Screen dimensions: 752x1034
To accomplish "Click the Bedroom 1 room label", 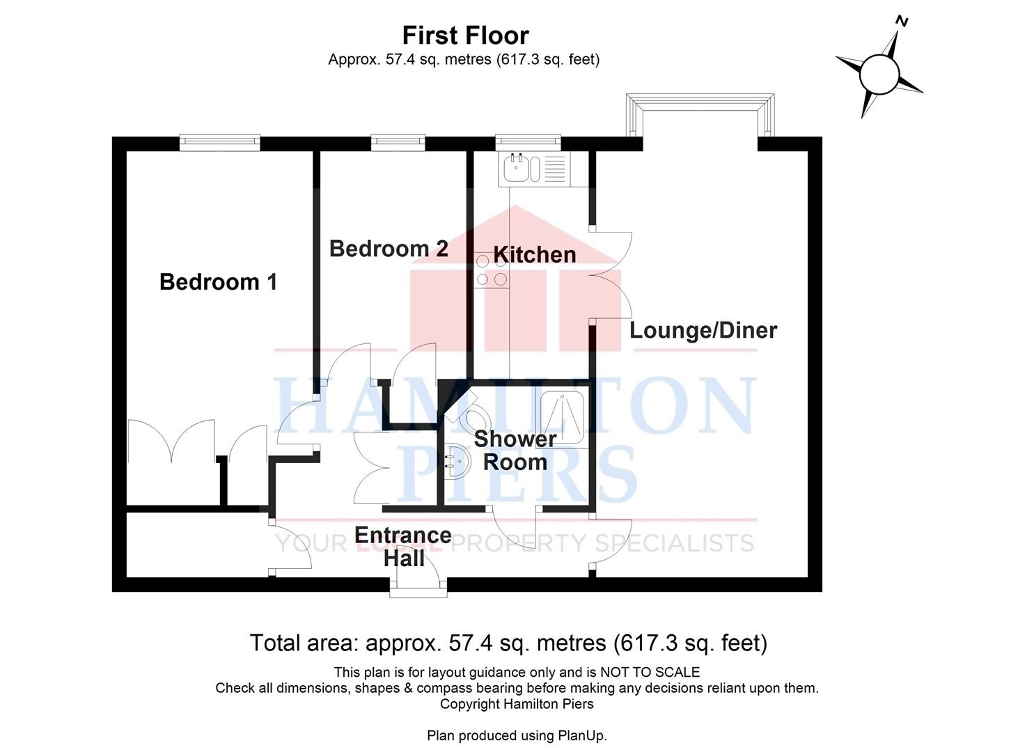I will coord(218,282).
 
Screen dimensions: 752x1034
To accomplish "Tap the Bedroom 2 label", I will coord(388,249).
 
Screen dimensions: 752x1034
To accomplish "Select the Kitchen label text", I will coord(534,255).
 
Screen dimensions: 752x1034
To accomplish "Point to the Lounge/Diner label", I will coord(703,330).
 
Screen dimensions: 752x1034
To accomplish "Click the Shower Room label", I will coord(515,451).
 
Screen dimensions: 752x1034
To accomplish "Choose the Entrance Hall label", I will coord(403,546).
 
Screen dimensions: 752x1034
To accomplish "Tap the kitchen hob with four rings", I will coord(492,270).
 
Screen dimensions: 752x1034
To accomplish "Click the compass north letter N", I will coord(902,22).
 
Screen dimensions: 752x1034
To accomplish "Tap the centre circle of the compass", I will coord(880,75).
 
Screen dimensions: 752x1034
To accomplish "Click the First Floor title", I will coord(465,35).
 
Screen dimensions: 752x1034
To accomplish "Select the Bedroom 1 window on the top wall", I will coord(219,143).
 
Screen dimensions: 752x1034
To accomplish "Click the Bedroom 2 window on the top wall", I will coord(398,143).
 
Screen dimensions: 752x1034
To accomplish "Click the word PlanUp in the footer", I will coord(581,735).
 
